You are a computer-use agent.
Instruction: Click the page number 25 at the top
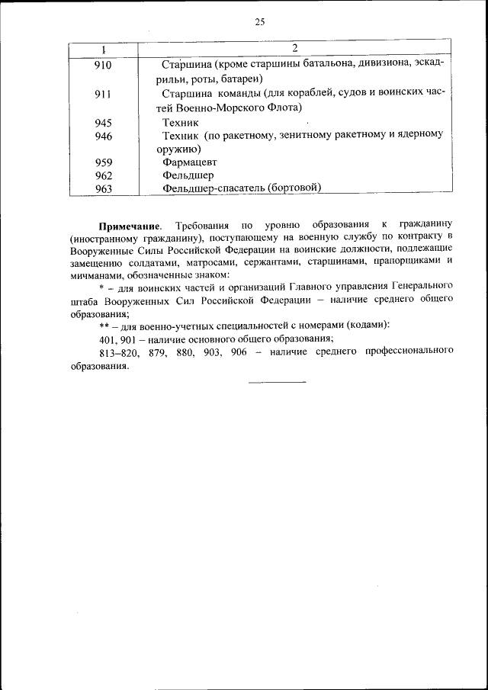[259, 22]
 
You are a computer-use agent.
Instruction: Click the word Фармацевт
[190, 162]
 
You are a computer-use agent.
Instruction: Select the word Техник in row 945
[180, 122]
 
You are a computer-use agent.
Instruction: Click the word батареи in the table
[238, 79]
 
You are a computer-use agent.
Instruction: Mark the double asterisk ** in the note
[103, 325]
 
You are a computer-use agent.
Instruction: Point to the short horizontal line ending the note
[276, 381]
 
